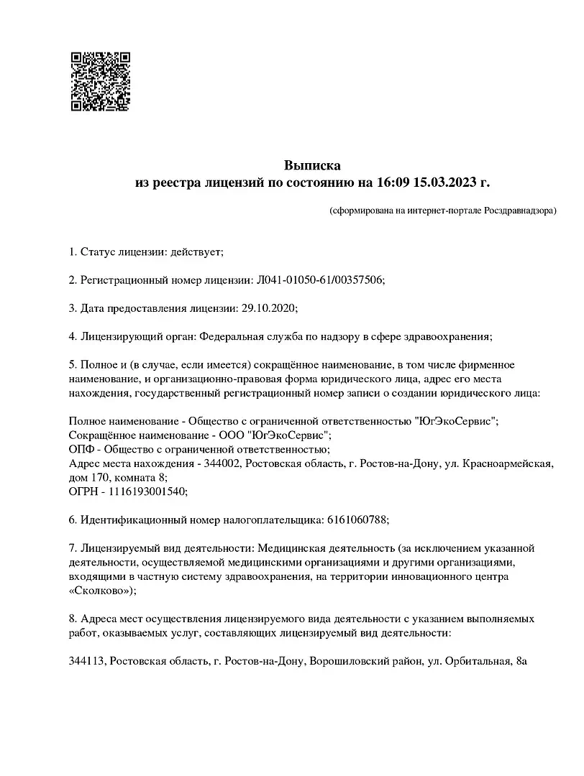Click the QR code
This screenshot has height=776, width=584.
(100, 80)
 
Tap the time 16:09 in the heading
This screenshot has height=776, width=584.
(392, 183)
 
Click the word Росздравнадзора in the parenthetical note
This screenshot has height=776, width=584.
(519, 211)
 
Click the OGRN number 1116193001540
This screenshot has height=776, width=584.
(145, 491)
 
